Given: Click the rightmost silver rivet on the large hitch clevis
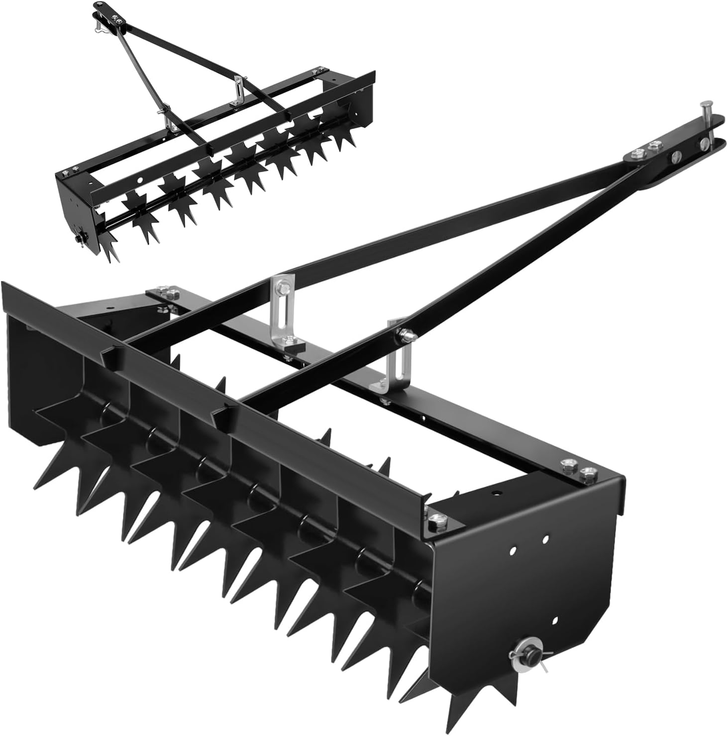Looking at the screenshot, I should click(704, 144).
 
